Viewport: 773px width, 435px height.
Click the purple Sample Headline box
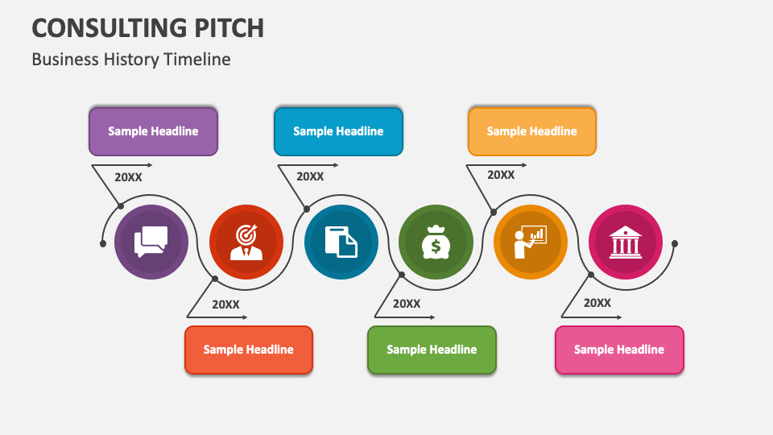pos(153,131)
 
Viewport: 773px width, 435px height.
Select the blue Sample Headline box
pos(338,131)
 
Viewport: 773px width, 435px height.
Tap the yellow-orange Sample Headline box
pos(531,131)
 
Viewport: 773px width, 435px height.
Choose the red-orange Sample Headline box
pos(248,350)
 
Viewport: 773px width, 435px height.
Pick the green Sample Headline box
pos(432,350)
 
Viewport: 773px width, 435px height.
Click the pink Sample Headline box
pos(619,350)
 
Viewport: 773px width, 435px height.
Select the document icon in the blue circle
pos(341,242)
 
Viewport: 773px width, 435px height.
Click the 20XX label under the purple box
pos(128,177)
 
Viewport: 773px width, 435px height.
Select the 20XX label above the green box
pos(407,304)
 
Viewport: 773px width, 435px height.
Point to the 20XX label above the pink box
pos(597,303)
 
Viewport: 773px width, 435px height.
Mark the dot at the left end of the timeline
pos(103,243)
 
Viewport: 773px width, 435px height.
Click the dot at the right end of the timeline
pos(675,243)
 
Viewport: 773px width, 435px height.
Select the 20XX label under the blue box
pos(310,176)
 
